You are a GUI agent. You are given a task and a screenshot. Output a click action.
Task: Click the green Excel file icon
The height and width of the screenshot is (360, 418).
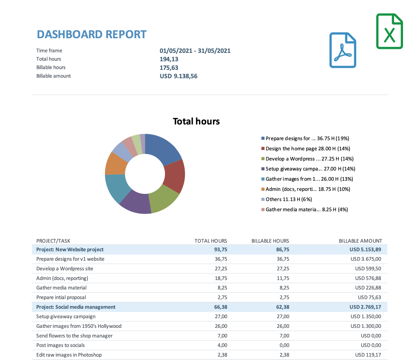(x=389, y=31)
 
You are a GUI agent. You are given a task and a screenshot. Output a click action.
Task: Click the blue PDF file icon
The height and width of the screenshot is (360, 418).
(x=343, y=50)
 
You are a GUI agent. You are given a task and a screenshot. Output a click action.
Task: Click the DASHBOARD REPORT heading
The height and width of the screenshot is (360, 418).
(x=92, y=34)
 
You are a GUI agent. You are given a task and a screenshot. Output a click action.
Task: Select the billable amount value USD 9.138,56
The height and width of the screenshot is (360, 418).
(x=178, y=76)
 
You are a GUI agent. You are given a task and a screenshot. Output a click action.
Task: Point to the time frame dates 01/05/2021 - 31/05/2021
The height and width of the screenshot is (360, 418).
(x=195, y=51)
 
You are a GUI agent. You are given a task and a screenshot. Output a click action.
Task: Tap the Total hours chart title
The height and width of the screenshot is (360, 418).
(x=196, y=121)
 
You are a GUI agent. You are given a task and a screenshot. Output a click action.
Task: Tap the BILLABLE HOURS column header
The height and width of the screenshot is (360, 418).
(x=270, y=241)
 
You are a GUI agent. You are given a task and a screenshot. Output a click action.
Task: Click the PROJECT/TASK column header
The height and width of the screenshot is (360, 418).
(x=53, y=241)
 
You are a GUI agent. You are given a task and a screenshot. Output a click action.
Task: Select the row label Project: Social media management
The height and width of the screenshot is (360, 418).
(x=76, y=307)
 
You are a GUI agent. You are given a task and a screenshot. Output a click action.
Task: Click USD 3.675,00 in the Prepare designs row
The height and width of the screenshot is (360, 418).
(x=366, y=259)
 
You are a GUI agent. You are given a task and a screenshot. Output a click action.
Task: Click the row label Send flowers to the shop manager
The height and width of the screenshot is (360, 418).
(x=74, y=336)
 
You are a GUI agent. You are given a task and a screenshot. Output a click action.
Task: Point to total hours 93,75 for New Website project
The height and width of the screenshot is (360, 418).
(x=220, y=249)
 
